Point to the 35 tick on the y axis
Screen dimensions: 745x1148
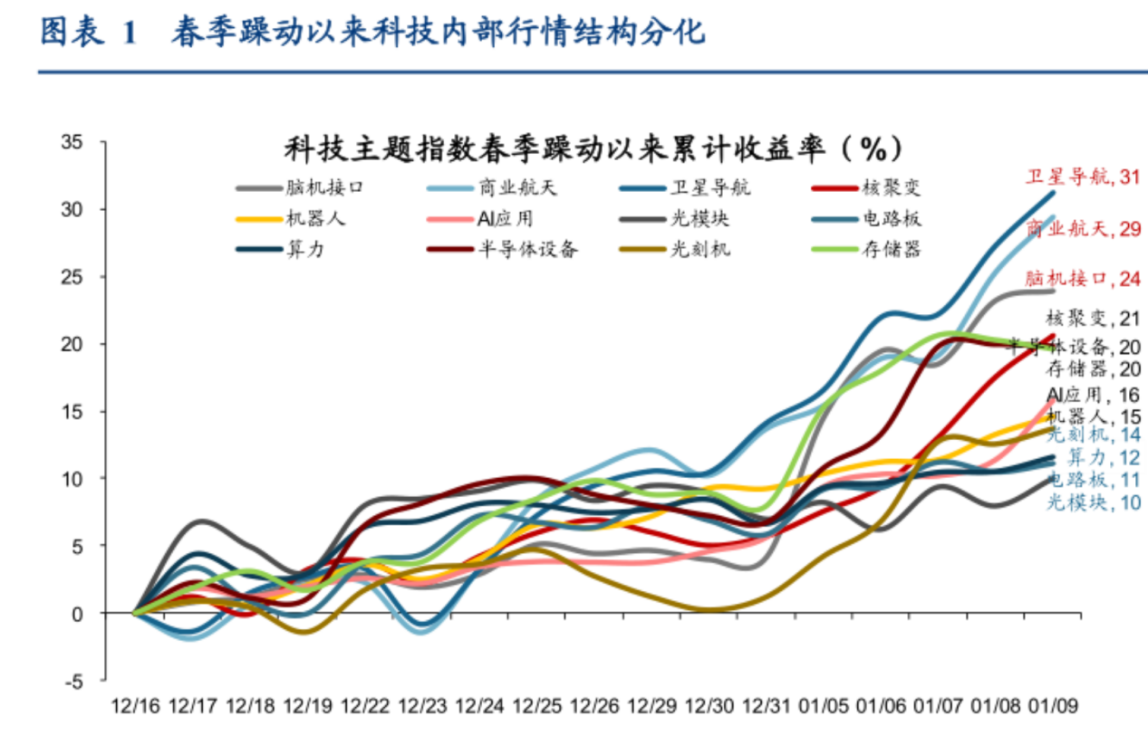coord(72,142)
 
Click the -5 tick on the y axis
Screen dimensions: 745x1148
coord(73,681)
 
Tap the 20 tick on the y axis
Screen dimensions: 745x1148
coord(72,344)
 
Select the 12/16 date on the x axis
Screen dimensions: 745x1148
coord(135,705)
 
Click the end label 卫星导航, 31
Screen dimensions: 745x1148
coord(1082,177)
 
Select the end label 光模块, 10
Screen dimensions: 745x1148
coord(1094,503)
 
